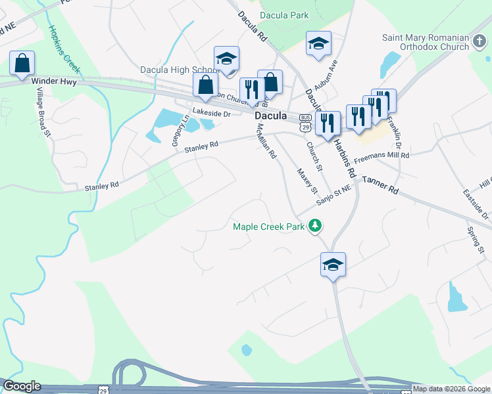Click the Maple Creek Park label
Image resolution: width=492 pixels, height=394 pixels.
270,227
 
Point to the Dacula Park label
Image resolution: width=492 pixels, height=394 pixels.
284,14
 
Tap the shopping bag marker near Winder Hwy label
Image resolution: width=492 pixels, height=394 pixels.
22,64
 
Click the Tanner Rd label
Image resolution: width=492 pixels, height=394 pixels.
380,185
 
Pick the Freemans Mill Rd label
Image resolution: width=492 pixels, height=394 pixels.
381,156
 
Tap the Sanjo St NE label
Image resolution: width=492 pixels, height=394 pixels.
334,194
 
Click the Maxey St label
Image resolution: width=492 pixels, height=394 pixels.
307,181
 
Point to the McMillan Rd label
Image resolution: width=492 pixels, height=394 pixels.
266,142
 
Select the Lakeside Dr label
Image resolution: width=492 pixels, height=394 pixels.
211,114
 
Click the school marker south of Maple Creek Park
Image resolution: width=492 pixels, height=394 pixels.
333,265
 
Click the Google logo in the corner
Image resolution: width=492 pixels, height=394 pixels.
22,386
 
